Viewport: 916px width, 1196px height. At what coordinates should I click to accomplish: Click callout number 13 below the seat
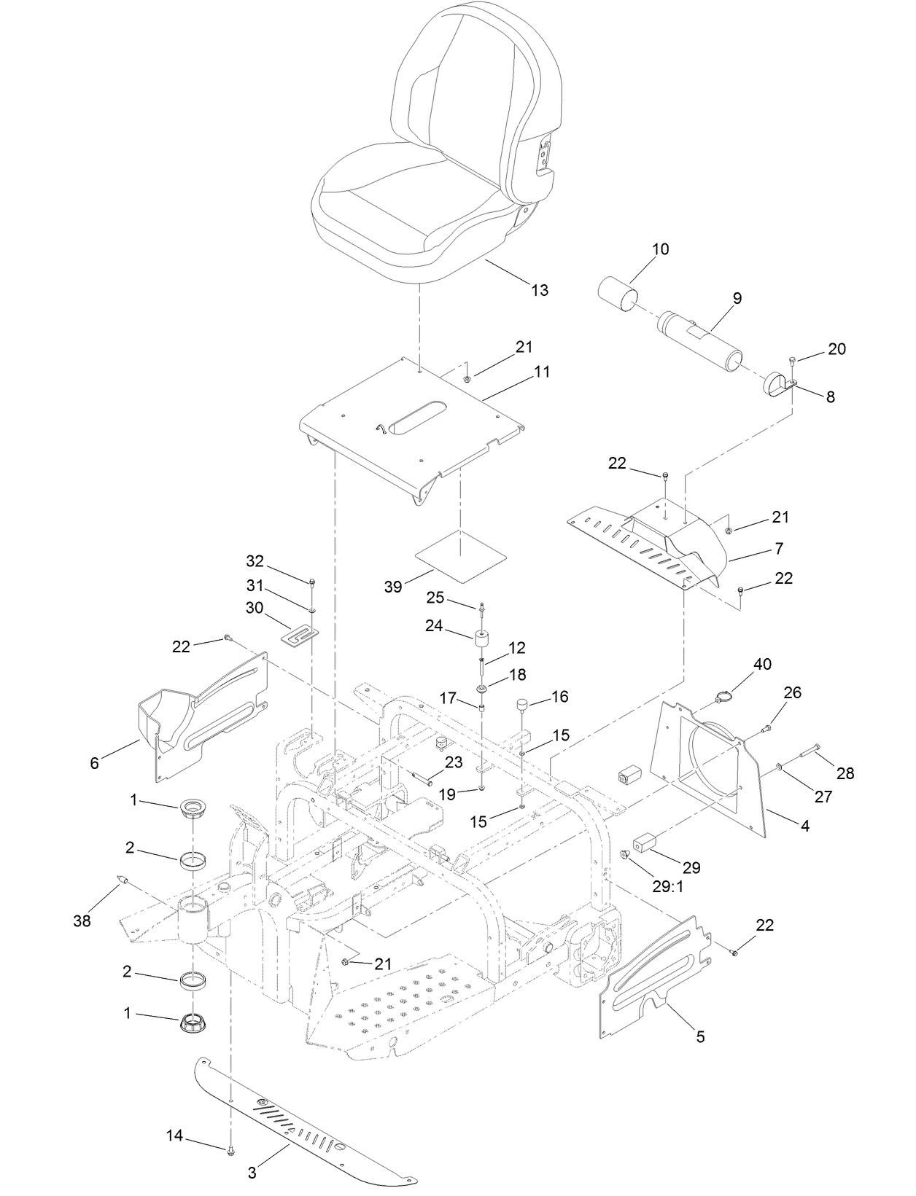539,291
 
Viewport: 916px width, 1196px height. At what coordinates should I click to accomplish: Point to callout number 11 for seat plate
542,372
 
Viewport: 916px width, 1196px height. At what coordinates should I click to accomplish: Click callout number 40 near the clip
762,665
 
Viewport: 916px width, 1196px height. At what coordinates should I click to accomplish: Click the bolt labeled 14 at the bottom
230,1151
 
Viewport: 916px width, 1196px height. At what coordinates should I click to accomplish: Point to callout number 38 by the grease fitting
82,921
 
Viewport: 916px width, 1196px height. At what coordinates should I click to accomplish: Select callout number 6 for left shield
94,763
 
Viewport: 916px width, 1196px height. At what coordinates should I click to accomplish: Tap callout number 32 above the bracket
255,561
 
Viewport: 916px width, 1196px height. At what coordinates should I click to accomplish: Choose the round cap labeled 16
522,706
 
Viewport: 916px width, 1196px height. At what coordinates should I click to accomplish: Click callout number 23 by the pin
454,762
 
